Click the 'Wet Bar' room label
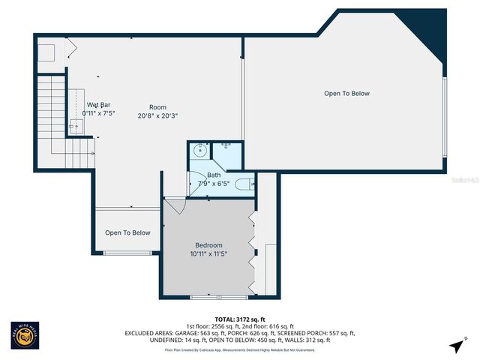pyautogui.click(x=99, y=104)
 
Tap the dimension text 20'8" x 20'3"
pyautogui.click(x=157, y=116)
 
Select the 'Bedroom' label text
pyautogui.click(x=209, y=245)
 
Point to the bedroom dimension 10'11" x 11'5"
pyautogui.click(x=209, y=254)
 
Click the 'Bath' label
pyautogui.click(x=214, y=175)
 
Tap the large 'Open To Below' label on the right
pyautogui.click(x=346, y=94)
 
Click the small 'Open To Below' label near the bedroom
pyautogui.click(x=127, y=232)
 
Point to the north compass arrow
pyautogui.click(x=455, y=345)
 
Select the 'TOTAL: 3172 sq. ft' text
pyautogui.click(x=239, y=319)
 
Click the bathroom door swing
pyautogui.click(x=196, y=183)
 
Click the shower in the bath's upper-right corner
pyautogui.click(x=229, y=154)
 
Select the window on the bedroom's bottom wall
pyautogui.click(x=209, y=298)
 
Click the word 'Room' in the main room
pyautogui.click(x=157, y=107)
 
